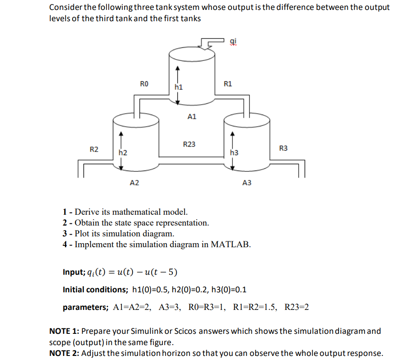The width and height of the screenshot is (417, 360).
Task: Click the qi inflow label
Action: pyautogui.click(x=232, y=42)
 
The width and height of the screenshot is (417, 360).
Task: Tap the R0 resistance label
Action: pyautogui.click(x=144, y=83)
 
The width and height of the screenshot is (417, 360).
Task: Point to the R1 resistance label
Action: pyautogui.click(x=228, y=83)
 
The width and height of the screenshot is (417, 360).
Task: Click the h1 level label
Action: pyautogui.click(x=179, y=87)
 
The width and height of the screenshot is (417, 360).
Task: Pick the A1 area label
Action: pyautogui.click(x=191, y=116)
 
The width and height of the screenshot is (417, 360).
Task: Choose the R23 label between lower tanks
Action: pyautogui.click(x=189, y=144)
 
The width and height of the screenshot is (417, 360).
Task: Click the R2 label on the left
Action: pyautogui.click(x=94, y=149)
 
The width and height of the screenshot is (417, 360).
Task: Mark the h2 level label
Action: pyautogui.click(x=122, y=153)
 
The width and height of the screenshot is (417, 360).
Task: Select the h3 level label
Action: pyautogui.click(x=234, y=153)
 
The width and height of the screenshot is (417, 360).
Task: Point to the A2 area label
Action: pyautogui.click(x=134, y=183)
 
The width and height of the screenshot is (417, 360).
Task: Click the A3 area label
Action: pyautogui.click(x=247, y=183)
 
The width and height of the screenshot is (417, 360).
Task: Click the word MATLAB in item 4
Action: pyautogui.click(x=231, y=245)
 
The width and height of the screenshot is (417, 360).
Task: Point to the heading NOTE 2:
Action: pyautogui.click(x=64, y=353)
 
